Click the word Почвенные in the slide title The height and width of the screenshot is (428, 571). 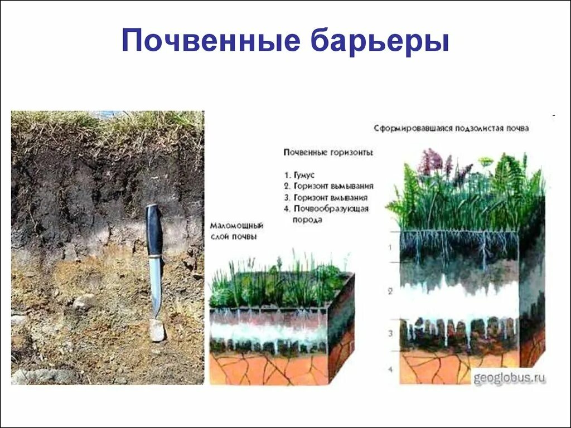[206, 42]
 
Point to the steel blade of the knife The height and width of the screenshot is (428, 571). [156, 284]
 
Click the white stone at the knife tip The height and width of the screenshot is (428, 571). [157, 330]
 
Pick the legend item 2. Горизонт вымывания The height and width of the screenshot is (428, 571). [328, 186]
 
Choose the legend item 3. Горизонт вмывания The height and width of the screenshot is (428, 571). [326, 197]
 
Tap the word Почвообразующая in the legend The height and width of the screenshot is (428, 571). [331, 208]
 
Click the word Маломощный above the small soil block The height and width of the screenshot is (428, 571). [236, 226]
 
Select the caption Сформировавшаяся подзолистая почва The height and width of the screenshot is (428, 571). [451, 128]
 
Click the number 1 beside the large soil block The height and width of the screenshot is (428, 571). [390, 245]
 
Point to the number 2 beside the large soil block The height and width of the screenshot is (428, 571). [390, 291]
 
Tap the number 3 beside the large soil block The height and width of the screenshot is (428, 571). [390, 333]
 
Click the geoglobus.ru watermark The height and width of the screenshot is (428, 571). [509, 378]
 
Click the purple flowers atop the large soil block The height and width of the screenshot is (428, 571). [432, 161]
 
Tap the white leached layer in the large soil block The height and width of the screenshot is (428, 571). [457, 301]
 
